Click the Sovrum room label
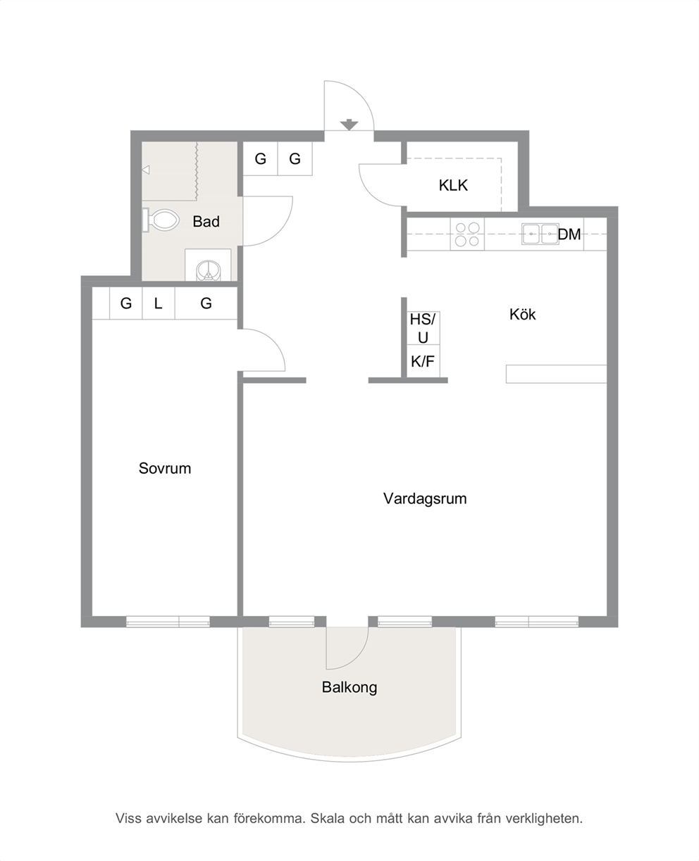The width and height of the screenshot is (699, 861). (x=165, y=468)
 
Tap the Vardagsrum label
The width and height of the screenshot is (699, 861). (x=425, y=499)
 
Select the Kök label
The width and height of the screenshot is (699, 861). (x=523, y=314)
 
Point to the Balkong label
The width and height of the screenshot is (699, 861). (x=349, y=687)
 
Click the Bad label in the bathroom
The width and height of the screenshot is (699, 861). (x=206, y=222)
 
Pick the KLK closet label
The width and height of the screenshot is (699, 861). (x=453, y=186)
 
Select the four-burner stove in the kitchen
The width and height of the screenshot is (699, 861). (x=468, y=234)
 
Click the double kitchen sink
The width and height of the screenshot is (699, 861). (x=540, y=234)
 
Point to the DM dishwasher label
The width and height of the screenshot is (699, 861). (x=569, y=234)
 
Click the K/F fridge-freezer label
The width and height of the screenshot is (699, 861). (x=423, y=361)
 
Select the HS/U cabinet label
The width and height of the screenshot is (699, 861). (x=423, y=328)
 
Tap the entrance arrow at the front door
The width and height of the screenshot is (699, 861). (x=349, y=125)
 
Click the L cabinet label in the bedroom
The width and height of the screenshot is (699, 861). (x=158, y=303)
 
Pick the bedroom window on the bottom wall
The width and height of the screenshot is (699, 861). (x=168, y=622)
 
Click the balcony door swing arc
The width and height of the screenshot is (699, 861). (x=356, y=656)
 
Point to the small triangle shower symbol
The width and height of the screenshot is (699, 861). (x=146, y=170)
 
